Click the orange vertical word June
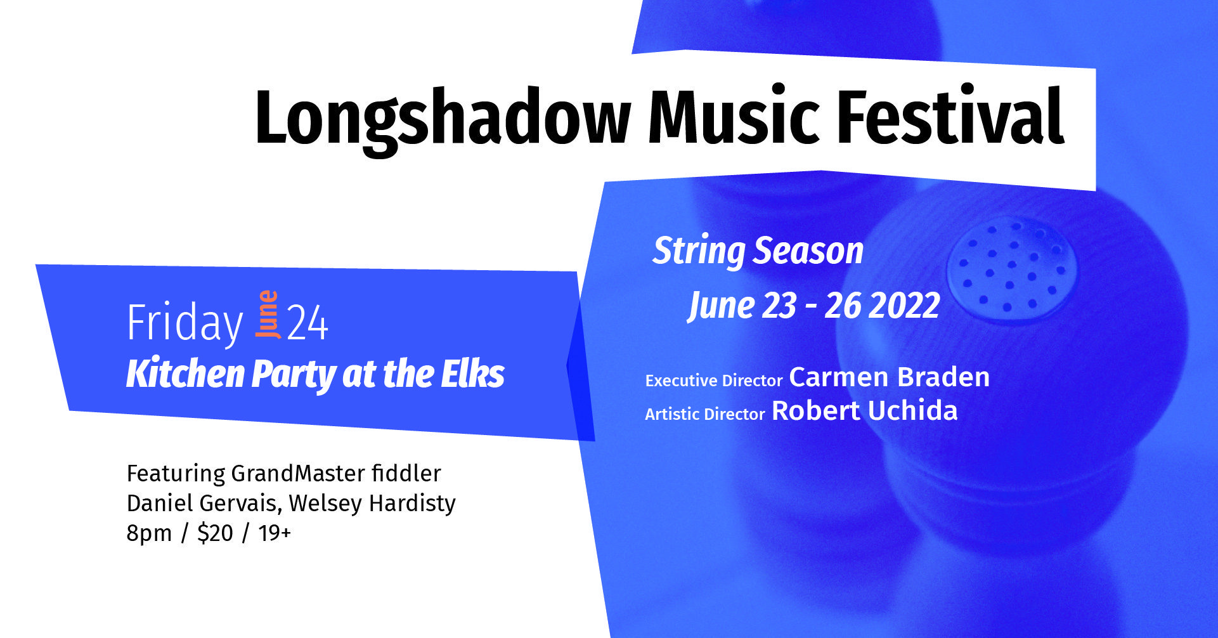[x=268, y=314]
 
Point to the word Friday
[x=185, y=324]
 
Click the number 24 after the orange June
[x=308, y=323]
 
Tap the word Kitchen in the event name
[x=186, y=374]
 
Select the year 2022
[x=904, y=306]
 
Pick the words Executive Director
[x=714, y=381]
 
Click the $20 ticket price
[x=215, y=533]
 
